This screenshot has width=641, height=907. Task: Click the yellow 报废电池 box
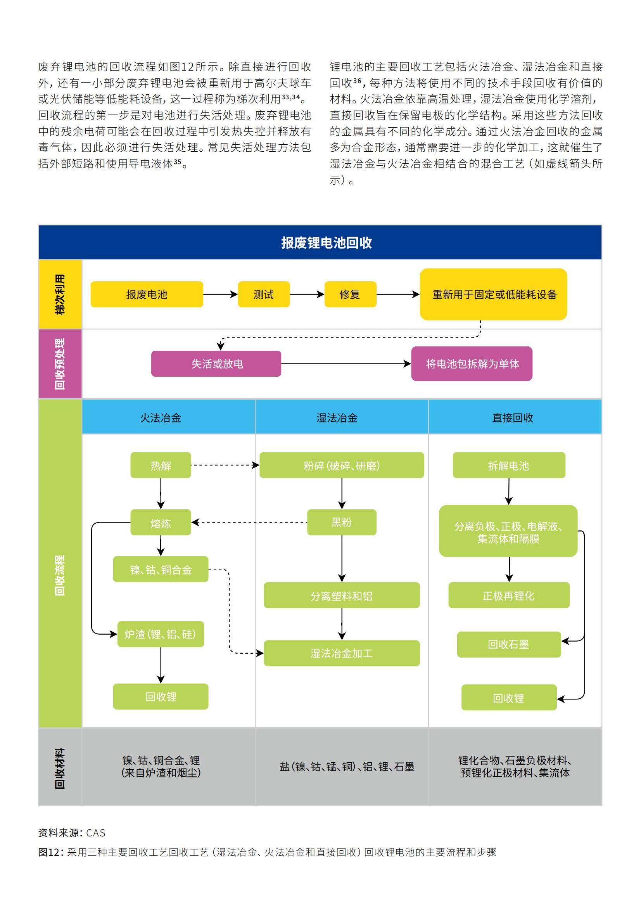point(147,294)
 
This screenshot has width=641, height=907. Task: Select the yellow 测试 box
point(263,294)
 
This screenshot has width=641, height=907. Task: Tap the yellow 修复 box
point(350,294)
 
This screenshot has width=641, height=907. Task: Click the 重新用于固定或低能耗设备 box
point(493,294)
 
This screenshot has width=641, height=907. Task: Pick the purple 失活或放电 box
point(216,364)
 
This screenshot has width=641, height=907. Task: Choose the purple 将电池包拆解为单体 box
point(472,364)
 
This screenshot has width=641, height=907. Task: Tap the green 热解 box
point(161,466)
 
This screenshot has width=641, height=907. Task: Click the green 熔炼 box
point(161,523)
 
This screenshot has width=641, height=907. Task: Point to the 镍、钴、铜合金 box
point(161,569)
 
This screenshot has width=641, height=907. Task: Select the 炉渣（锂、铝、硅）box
point(161,634)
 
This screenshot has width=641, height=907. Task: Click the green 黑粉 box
point(342,522)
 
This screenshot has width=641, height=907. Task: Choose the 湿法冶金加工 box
point(342,653)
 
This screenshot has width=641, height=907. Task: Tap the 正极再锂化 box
point(509,595)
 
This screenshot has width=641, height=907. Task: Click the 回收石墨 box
point(509,645)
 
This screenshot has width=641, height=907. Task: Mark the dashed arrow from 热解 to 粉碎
point(224,466)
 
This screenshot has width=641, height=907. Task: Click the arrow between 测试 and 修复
point(306,294)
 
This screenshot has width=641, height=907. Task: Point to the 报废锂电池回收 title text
point(326,242)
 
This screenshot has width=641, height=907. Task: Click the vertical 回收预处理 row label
point(60,364)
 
